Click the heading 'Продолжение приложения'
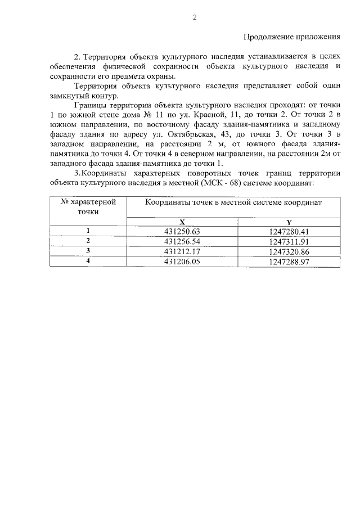[292, 37]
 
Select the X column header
[182, 223]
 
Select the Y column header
[289, 223]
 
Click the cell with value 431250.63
[182, 231]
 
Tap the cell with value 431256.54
[182, 241]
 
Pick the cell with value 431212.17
[182, 251]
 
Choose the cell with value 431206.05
[182, 262]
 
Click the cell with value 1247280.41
[290, 231]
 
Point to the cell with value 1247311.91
[290, 241]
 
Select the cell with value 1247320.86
[290, 251]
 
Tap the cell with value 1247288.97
[290, 262]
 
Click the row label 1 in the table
[88, 231]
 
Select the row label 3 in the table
[88, 251]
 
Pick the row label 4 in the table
[88, 262]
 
